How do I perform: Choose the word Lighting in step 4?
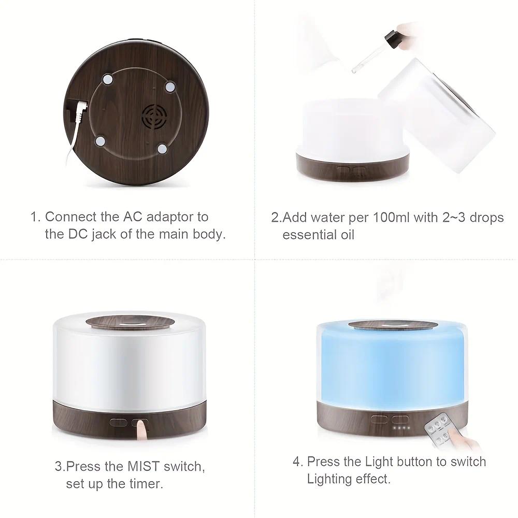coord(329,479)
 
